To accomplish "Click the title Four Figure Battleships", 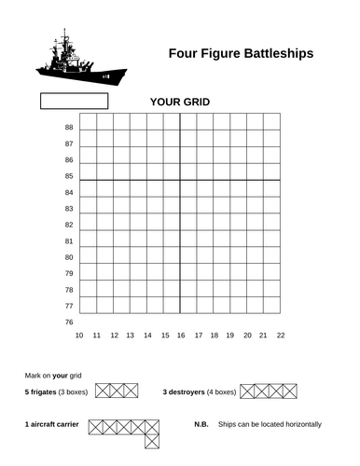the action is [x=240, y=54].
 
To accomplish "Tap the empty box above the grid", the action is [x=74, y=100].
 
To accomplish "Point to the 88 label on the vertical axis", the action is [x=69, y=128].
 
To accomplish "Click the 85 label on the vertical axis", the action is [x=69, y=176].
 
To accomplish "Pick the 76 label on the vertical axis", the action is [x=69, y=322].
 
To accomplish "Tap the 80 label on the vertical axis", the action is [x=69, y=257].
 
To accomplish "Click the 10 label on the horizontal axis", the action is [x=80, y=336].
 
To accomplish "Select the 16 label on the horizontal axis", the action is [x=180, y=336].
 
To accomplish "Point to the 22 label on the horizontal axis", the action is [x=280, y=336].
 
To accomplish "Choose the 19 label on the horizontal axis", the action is [x=230, y=336].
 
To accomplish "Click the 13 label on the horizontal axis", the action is [x=130, y=336].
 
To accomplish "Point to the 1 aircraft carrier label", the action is [x=51, y=424].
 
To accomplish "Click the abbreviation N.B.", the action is [x=201, y=424].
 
